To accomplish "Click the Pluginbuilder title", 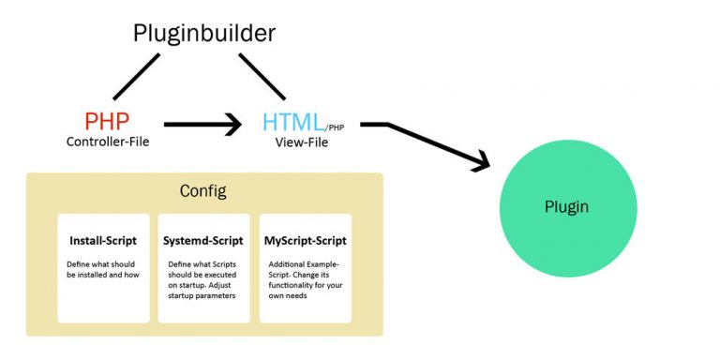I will (x=203, y=34).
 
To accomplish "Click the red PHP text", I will (x=106, y=122).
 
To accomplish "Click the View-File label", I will (x=300, y=142).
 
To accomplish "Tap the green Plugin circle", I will (x=567, y=206).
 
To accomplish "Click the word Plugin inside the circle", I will (x=567, y=206).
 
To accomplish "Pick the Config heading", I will (x=203, y=191).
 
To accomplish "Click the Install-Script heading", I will (x=103, y=241).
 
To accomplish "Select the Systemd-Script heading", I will (x=203, y=241).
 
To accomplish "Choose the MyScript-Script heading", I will (x=305, y=241).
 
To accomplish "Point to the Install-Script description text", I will (x=103, y=271).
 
